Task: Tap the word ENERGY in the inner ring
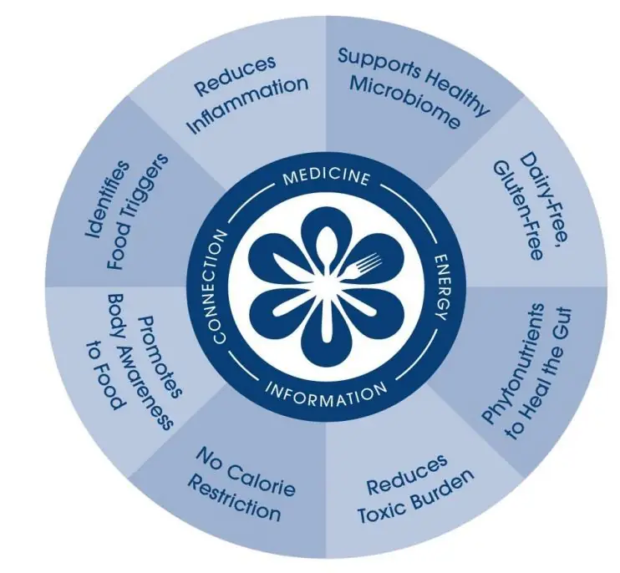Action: click(442, 286)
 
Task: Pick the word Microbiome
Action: click(405, 102)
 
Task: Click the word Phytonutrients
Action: click(515, 363)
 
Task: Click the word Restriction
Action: click(234, 498)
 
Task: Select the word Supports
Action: click(379, 63)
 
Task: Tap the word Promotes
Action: click(160, 357)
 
